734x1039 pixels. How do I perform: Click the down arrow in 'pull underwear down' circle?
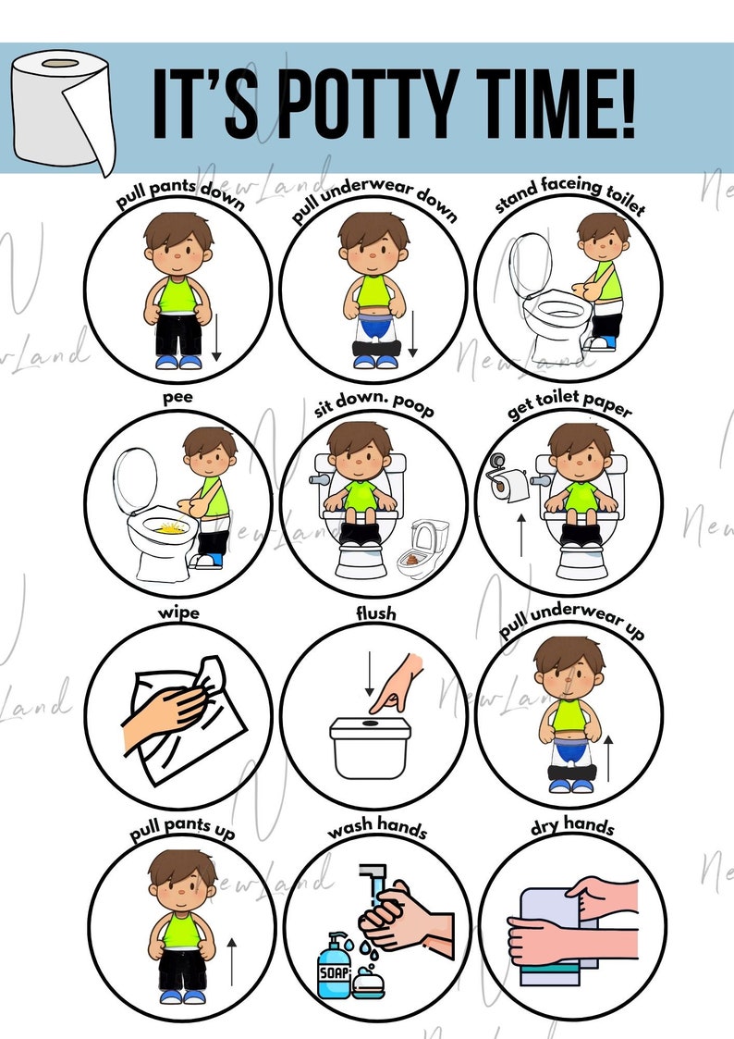(x=412, y=334)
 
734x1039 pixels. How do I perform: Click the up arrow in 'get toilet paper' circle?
(x=520, y=535)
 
